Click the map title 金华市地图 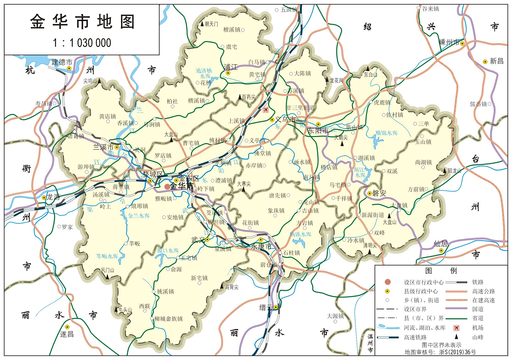point(82,22)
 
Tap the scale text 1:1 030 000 point(82,43)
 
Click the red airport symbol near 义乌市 point(265,110)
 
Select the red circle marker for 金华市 point(167,186)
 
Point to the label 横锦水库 point(387,133)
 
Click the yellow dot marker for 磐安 point(370,193)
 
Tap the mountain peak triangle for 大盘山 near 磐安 point(389,216)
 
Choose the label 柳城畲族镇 point(168,319)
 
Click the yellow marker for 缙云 point(276,307)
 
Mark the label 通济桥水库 point(204,73)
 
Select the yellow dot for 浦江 point(228,73)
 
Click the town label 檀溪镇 point(232,30)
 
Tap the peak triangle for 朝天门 point(202,24)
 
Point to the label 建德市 point(62,62)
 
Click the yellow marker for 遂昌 point(67,327)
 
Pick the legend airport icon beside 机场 point(456,328)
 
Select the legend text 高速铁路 point(415,337)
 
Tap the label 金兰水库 point(139,216)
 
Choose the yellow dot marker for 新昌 point(485,62)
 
